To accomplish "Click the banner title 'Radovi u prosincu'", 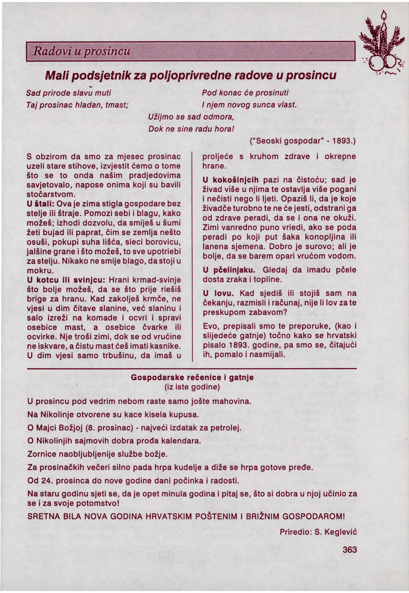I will pyautogui.click(x=82, y=51).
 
